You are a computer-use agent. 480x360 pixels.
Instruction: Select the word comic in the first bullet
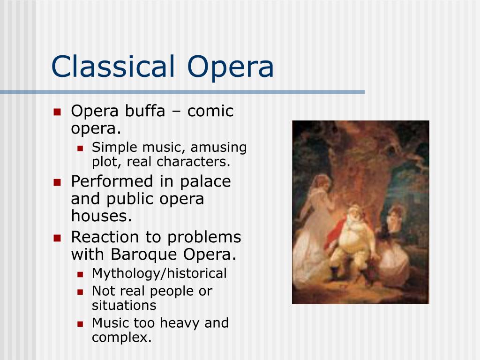(x=210, y=111)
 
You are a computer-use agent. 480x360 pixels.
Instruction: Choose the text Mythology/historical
(x=159, y=273)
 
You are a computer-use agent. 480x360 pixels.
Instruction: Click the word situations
(x=124, y=305)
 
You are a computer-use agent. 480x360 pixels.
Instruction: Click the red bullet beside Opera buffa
(x=57, y=112)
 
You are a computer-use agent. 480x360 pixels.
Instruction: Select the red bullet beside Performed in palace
(x=57, y=182)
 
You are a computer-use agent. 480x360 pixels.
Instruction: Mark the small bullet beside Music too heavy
(x=80, y=323)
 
